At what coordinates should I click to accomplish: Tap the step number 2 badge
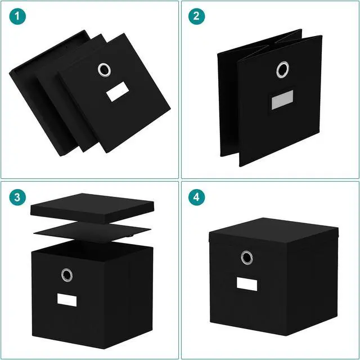[196, 17]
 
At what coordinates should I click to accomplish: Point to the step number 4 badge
[196, 197]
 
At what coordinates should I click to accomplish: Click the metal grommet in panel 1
[104, 70]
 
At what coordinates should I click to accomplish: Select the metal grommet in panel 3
[67, 274]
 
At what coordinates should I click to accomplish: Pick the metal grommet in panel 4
[246, 257]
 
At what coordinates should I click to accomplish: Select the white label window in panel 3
[65, 299]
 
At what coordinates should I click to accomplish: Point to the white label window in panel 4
[246, 283]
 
